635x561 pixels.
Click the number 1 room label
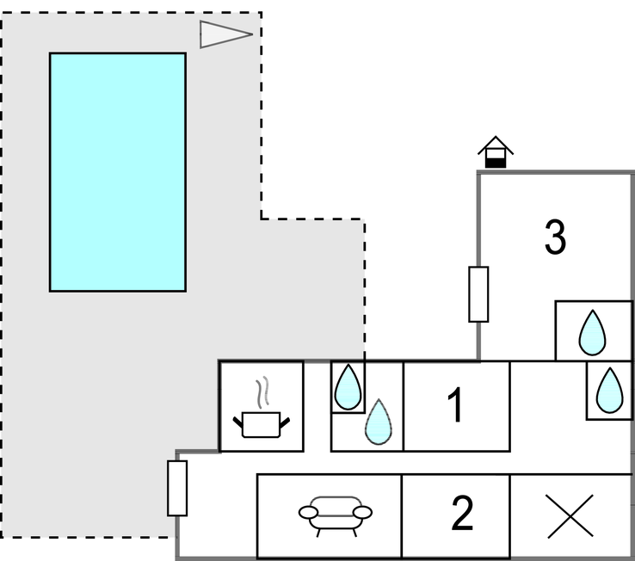[456, 406]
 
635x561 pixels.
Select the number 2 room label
[462, 515]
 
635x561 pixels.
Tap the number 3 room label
[556, 237]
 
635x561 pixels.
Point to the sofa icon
[336, 514]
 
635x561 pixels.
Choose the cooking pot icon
[261, 423]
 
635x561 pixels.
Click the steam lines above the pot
[267, 391]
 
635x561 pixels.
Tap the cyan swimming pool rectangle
[117, 172]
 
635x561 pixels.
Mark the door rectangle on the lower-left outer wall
[177, 488]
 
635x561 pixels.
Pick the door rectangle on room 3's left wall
[478, 294]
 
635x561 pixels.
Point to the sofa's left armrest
[309, 513]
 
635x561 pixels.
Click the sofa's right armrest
[363, 513]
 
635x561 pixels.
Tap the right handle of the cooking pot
[285, 420]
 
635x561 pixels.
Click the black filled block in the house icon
[496, 160]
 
